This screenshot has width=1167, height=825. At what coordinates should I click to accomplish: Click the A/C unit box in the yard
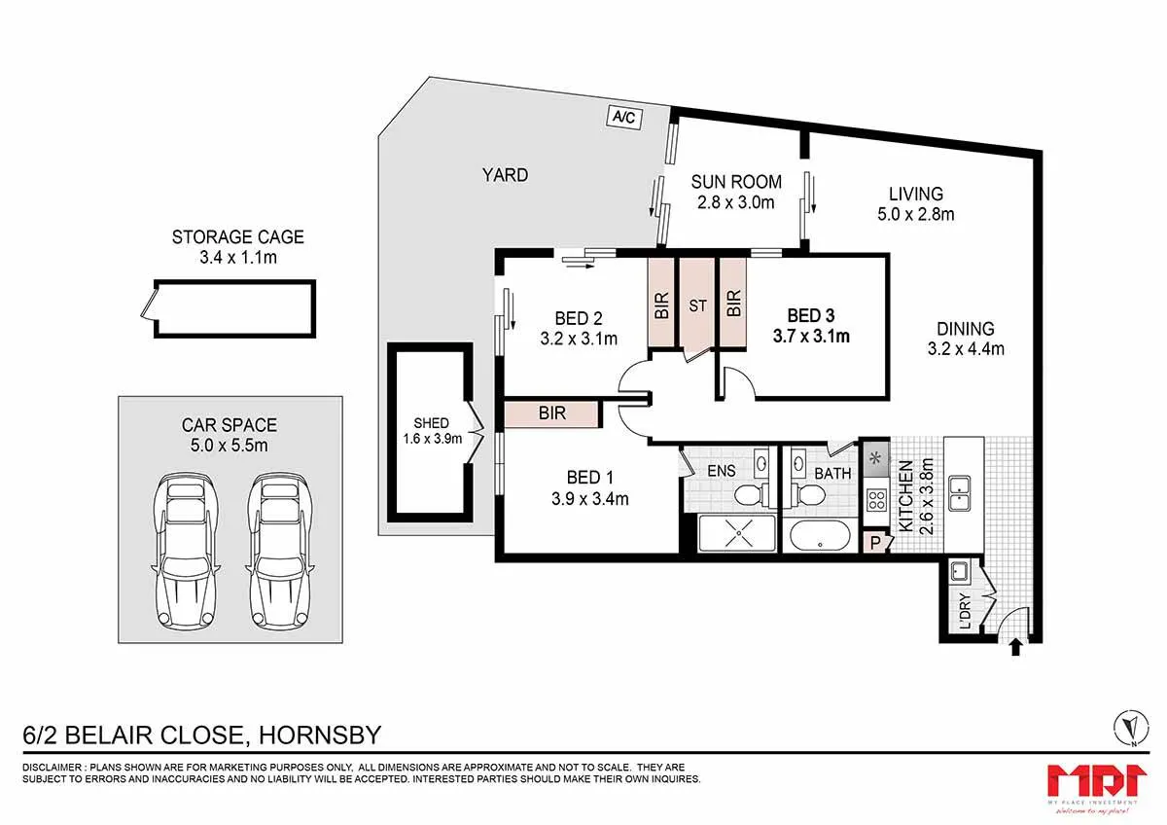pyautogui.click(x=624, y=117)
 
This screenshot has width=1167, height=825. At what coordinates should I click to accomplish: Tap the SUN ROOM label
pyautogui.click(x=736, y=182)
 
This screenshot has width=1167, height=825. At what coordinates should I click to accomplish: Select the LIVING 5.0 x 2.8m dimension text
pyautogui.click(x=916, y=214)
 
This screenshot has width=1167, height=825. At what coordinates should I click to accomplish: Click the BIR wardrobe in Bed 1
pyautogui.click(x=551, y=413)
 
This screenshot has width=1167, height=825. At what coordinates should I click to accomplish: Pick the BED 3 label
pyautogui.click(x=811, y=316)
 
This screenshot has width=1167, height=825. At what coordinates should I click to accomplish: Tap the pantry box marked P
pyautogui.click(x=875, y=542)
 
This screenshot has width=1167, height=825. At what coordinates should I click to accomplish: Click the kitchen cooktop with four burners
pyautogui.click(x=876, y=500)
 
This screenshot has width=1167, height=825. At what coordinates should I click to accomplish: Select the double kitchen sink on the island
pyautogui.click(x=959, y=493)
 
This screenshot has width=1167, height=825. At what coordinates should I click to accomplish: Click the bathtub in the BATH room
pyautogui.click(x=820, y=536)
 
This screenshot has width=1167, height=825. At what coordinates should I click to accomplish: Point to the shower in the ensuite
pyautogui.click(x=737, y=533)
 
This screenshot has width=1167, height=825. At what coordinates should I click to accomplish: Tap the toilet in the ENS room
pyautogui.click(x=752, y=494)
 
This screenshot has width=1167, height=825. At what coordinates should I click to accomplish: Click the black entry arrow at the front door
pyautogui.click(x=1015, y=647)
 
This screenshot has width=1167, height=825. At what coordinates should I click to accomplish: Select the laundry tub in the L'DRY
pyautogui.click(x=959, y=572)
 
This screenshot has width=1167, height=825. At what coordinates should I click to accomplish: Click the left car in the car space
pyautogui.click(x=186, y=551)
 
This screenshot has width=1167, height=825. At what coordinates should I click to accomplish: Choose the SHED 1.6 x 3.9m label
pyautogui.click(x=432, y=430)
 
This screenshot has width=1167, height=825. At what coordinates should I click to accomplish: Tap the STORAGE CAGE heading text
pyautogui.click(x=237, y=237)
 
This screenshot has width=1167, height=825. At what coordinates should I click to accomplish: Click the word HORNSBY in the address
pyautogui.click(x=320, y=735)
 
